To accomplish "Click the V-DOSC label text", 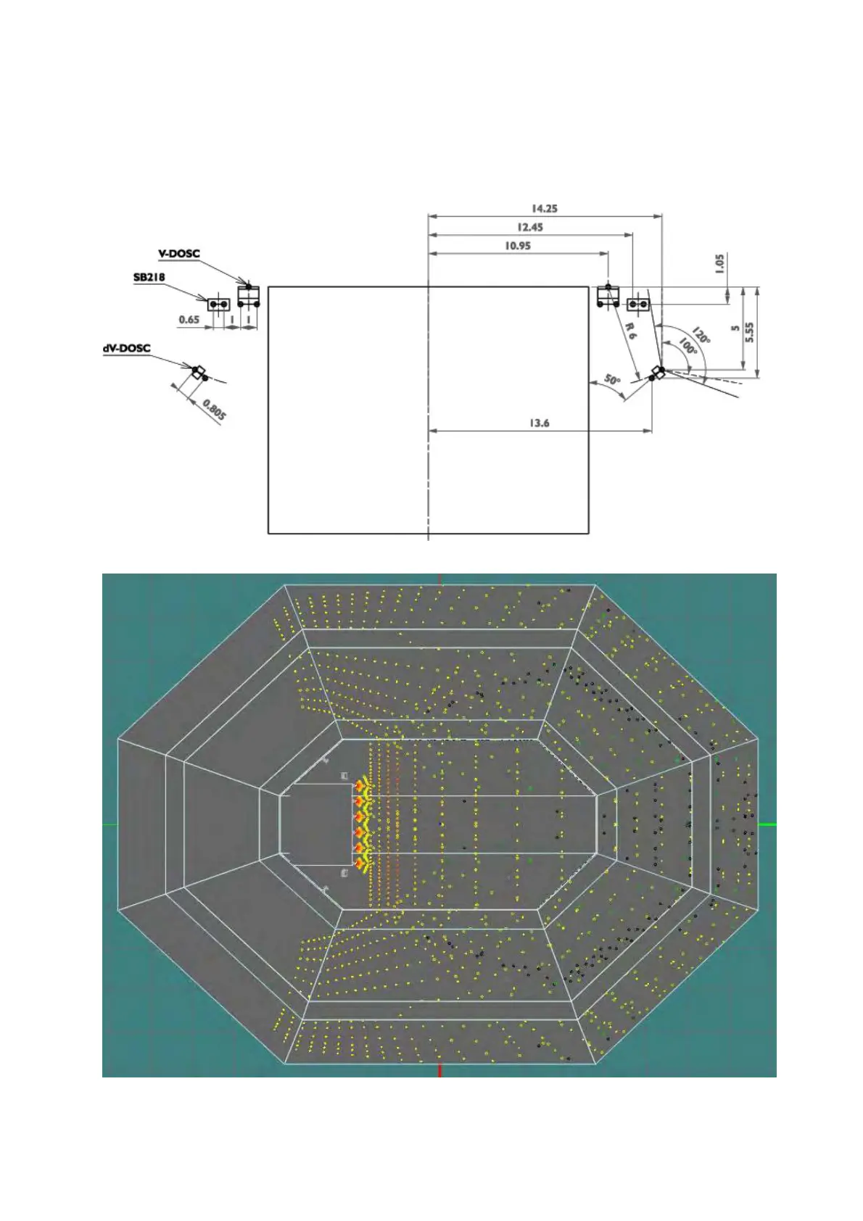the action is (x=179, y=254).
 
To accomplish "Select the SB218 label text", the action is (x=149, y=277).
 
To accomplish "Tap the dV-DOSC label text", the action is (x=127, y=348).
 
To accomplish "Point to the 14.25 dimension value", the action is (x=544, y=209).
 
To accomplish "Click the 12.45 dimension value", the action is (x=529, y=228).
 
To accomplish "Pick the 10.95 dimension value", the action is (x=517, y=247).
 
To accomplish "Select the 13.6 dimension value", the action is (x=539, y=423).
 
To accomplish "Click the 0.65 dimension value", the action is (x=189, y=320).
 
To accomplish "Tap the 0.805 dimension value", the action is (x=214, y=410).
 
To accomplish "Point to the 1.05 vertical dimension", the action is (x=719, y=262).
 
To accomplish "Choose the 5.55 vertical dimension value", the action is (x=750, y=332).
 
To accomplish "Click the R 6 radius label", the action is (x=632, y=332).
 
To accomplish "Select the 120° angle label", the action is (x=701, y=336).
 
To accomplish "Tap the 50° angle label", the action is (x=612, y=380).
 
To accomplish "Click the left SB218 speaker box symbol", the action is (x=218, y=305).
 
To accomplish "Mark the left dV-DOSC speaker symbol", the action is (x=199, y=373).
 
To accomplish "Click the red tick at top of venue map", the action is (x=439, y=579).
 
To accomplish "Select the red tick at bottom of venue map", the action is (x=439, y=1070).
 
